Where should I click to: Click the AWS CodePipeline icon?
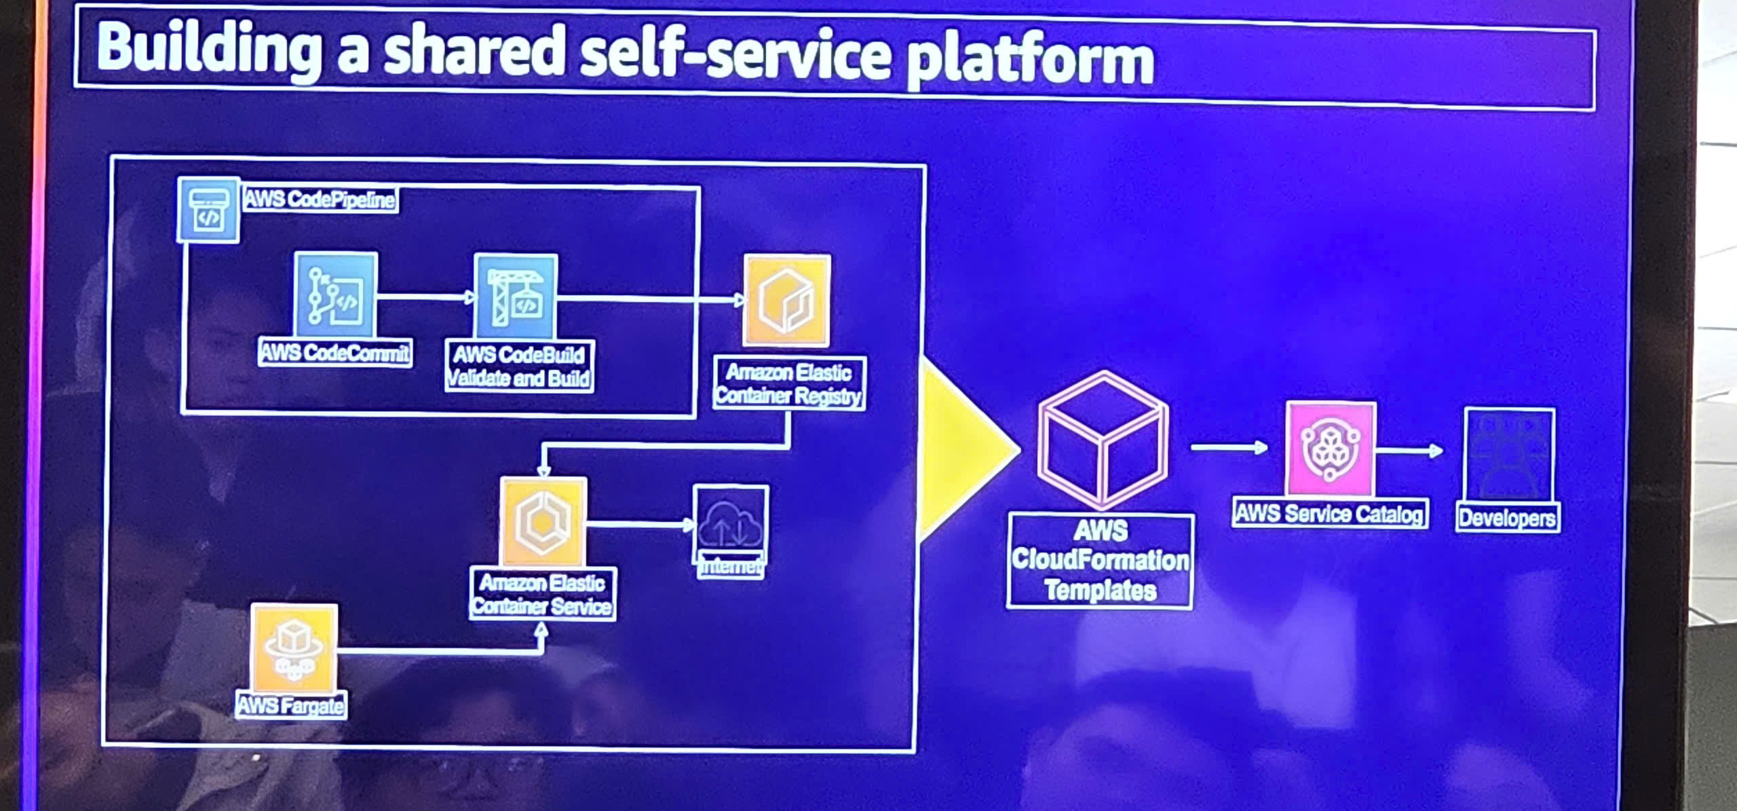tap(208, 210)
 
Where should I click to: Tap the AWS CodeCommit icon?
tap(336, 295)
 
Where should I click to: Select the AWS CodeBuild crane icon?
tap(516, 297)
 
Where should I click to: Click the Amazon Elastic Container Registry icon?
tap(787, 300)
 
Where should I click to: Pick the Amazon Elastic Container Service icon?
tap(543, 522)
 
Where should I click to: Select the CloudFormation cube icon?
tap(1103, 440)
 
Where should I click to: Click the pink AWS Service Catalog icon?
tap(1331, 449)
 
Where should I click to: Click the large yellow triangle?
tap(963, 448)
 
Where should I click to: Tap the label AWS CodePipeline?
tap(320, 200)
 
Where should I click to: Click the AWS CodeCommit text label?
tap(335, 353)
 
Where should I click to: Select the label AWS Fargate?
tap(290, 706)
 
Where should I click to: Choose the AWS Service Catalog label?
tap(1329, 514)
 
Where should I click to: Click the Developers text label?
tap(1507, 518)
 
